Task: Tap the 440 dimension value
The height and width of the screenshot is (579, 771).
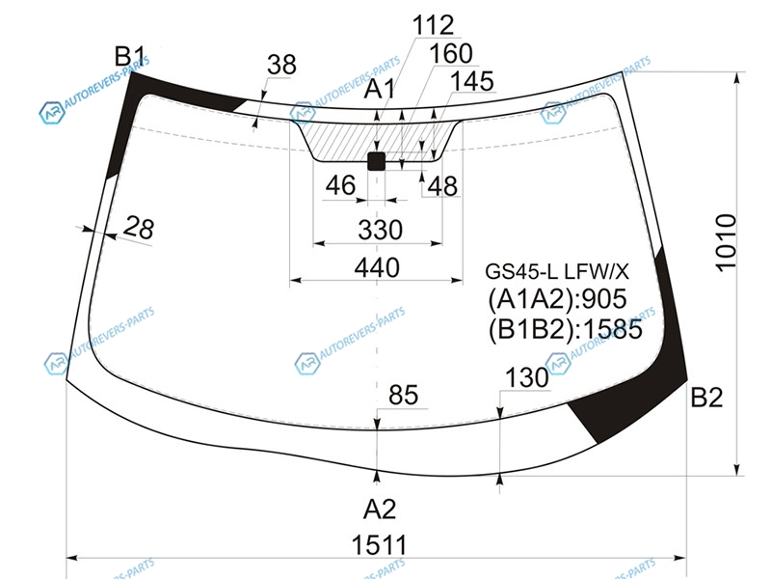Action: click(376, 267)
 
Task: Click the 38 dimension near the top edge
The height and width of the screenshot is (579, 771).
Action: click(281, 66)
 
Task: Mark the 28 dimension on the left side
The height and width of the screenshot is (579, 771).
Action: click(139, 229)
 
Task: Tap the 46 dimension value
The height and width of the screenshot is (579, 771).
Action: click(340, 185)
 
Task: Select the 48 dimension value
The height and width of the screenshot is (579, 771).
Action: click(442, 185)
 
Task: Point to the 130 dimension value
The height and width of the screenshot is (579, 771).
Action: click(526, 379)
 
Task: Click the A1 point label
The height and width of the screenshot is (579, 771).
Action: click(379, 90)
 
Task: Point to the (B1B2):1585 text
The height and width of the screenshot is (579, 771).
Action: click(564, 328)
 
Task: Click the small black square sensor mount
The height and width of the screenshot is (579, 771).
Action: click(377, 160)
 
